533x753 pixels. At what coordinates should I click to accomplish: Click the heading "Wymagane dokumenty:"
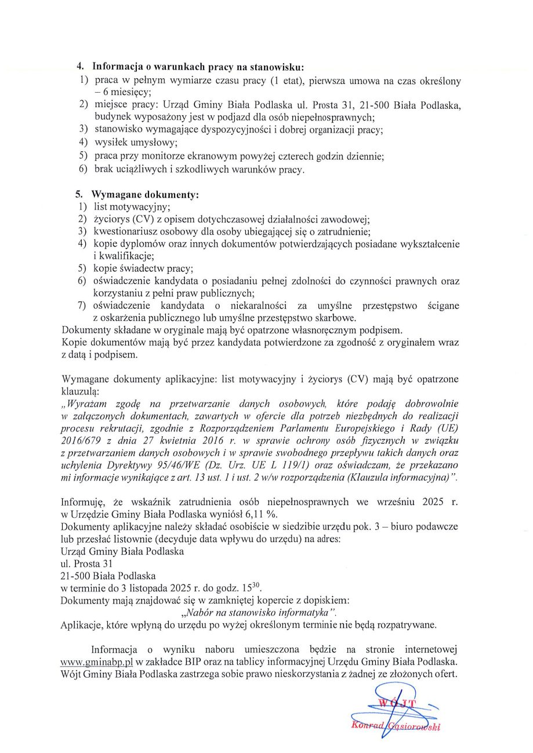pos(145,195)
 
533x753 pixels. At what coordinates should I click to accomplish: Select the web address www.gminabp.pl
pos(97,661)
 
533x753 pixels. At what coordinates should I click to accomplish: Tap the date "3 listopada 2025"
pos(147,588)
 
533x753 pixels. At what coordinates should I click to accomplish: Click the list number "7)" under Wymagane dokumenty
pos(82,305)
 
